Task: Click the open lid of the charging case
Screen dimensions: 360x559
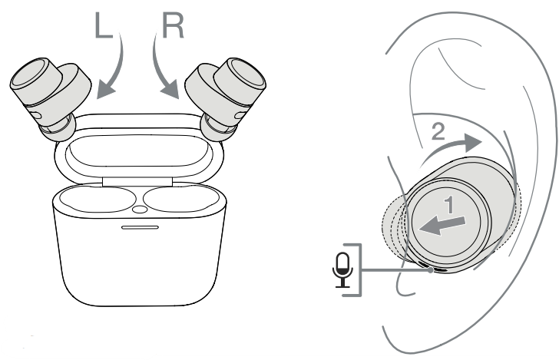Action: point(139,150)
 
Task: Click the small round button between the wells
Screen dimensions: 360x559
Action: point(138,209)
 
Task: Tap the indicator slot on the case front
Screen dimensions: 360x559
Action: point(138,228)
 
